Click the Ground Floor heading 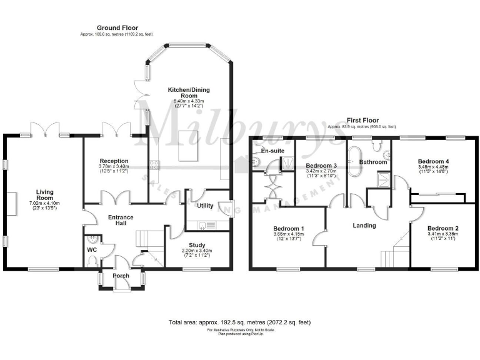pos(117,27)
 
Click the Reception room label pos(114,161)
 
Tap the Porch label pos(121,276)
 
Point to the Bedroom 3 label pos(321,166)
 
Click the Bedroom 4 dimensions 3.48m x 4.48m pos(434,167)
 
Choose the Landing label pos(364,226)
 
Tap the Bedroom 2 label pos(442,229)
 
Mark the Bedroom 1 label pos(289,229)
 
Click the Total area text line pos(239,322)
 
